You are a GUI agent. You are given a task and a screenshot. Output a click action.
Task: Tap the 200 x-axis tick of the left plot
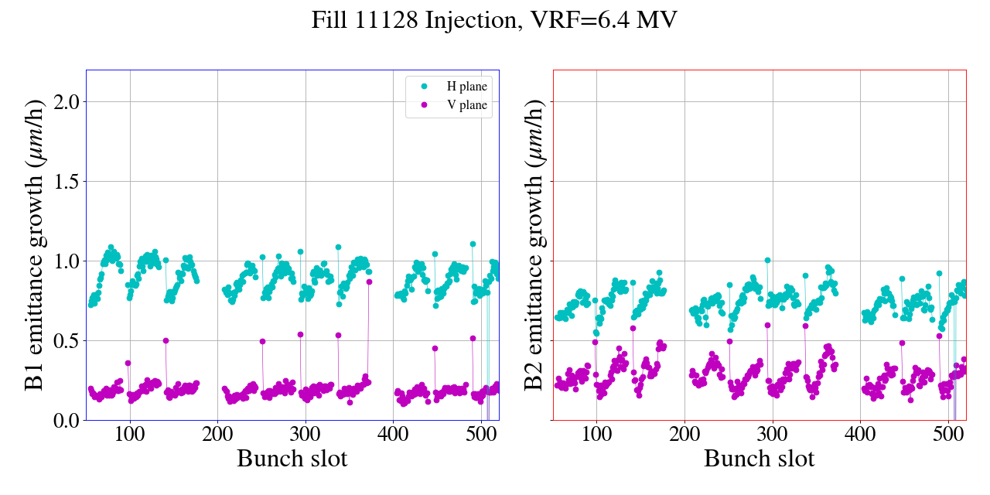[217, 432]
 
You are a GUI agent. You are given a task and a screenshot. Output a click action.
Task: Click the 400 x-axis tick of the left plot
[393, 432]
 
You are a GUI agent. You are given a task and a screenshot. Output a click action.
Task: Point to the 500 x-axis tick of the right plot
[948, 432]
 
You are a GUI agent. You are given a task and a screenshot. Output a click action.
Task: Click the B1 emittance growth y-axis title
[34, 245]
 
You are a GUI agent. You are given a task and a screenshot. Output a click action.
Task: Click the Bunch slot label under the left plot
[292, 458]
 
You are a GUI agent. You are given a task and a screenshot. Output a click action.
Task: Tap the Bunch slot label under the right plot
[760, 458]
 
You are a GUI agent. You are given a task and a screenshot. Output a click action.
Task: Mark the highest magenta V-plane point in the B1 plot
[369, 282]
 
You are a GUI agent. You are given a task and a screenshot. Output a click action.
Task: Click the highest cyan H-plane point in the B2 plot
[767, 261]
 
